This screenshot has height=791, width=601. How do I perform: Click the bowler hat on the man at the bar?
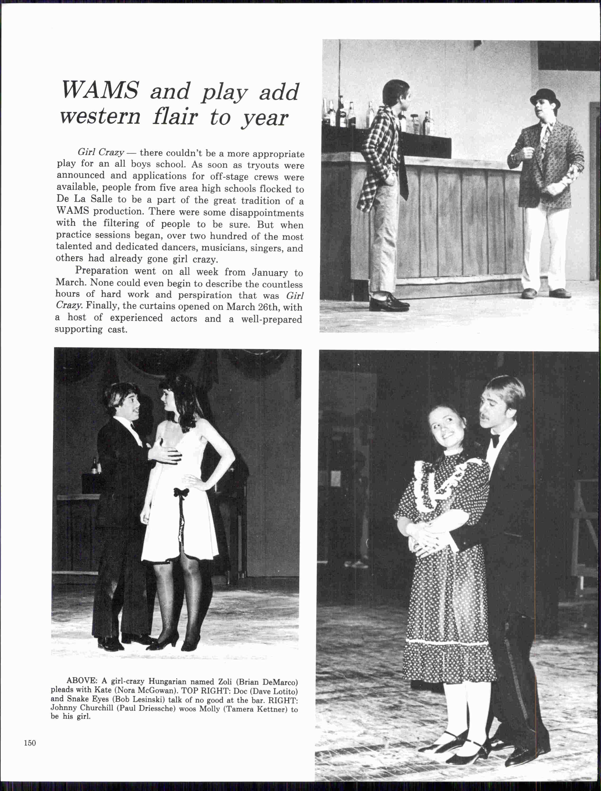[544, 96]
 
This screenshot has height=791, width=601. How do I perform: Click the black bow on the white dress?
[181, 493]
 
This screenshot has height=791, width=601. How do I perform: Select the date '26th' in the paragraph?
[267, 307]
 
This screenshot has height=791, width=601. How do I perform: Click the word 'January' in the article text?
[270, 272]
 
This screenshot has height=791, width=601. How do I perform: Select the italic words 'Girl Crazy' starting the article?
[101, 152]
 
